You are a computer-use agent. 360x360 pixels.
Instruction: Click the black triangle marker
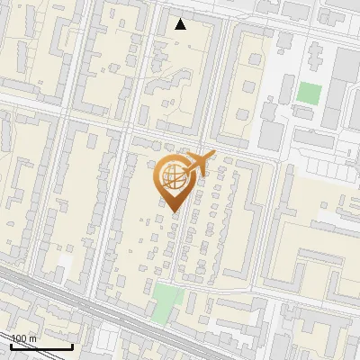point(181,24)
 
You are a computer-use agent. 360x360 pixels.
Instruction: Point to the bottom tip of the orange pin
point(172,212)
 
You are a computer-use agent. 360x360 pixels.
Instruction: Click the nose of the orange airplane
point(214,156)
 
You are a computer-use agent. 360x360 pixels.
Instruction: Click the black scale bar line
point(41,346)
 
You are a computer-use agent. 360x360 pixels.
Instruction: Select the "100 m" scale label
point(23,338)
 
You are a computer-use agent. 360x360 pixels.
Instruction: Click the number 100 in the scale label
point(19,338)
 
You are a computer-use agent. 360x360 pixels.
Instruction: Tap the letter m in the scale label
point(32,338)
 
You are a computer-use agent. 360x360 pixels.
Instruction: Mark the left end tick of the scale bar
point(11,345)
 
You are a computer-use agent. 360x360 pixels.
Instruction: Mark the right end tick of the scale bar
point(72,345)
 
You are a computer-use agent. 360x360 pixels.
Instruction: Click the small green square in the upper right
point(309,93)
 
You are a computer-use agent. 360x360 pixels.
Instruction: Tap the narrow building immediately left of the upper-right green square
point(290,90)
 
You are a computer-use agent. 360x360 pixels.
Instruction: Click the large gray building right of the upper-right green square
point(346,85)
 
